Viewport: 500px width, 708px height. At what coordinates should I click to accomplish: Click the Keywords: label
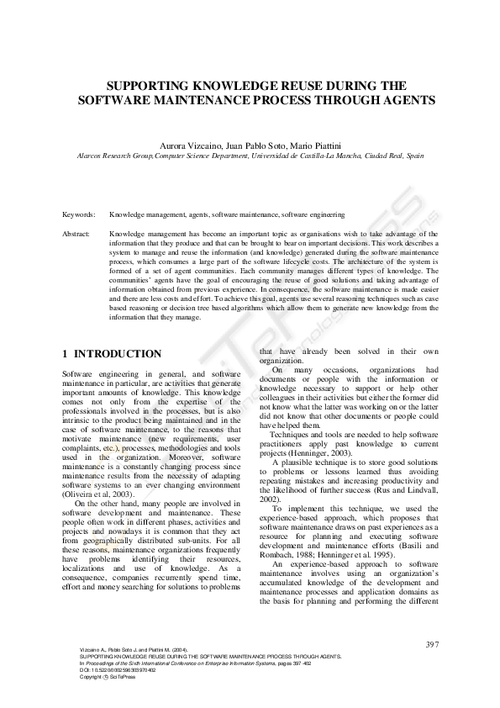tap(78, 215)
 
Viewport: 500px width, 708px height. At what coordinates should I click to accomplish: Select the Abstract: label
tap(77, 233)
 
